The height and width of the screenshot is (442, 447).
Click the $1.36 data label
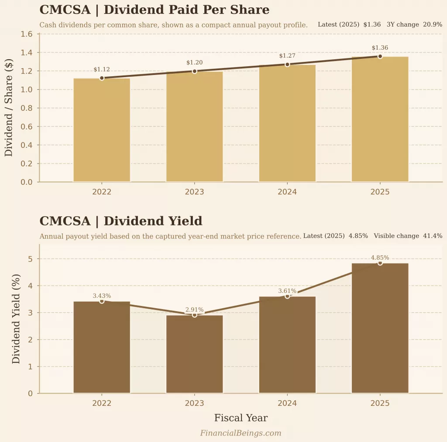[x=380, y=48]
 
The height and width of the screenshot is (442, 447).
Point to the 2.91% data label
[x=194, y=310]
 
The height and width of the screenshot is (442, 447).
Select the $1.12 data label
[x=102, y=70]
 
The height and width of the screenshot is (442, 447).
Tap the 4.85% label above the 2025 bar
[x=380, y=258]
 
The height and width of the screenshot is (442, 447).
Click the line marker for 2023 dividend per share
[x=194, y=71]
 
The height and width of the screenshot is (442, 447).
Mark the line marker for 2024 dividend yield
[x=287, y=296]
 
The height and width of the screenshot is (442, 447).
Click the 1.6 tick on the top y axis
[x=27, y=34]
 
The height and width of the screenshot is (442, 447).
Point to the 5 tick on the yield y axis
[x=30, y=259]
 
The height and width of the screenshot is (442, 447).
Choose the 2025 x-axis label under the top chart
[x=380, y=192]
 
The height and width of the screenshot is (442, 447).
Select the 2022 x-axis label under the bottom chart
[x=102, y=404]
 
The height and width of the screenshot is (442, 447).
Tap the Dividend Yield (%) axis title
[x=16, y=319]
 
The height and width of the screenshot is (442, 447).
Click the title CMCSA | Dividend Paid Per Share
[x=154, y=10]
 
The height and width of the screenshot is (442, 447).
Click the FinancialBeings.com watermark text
[x=241, y=433]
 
